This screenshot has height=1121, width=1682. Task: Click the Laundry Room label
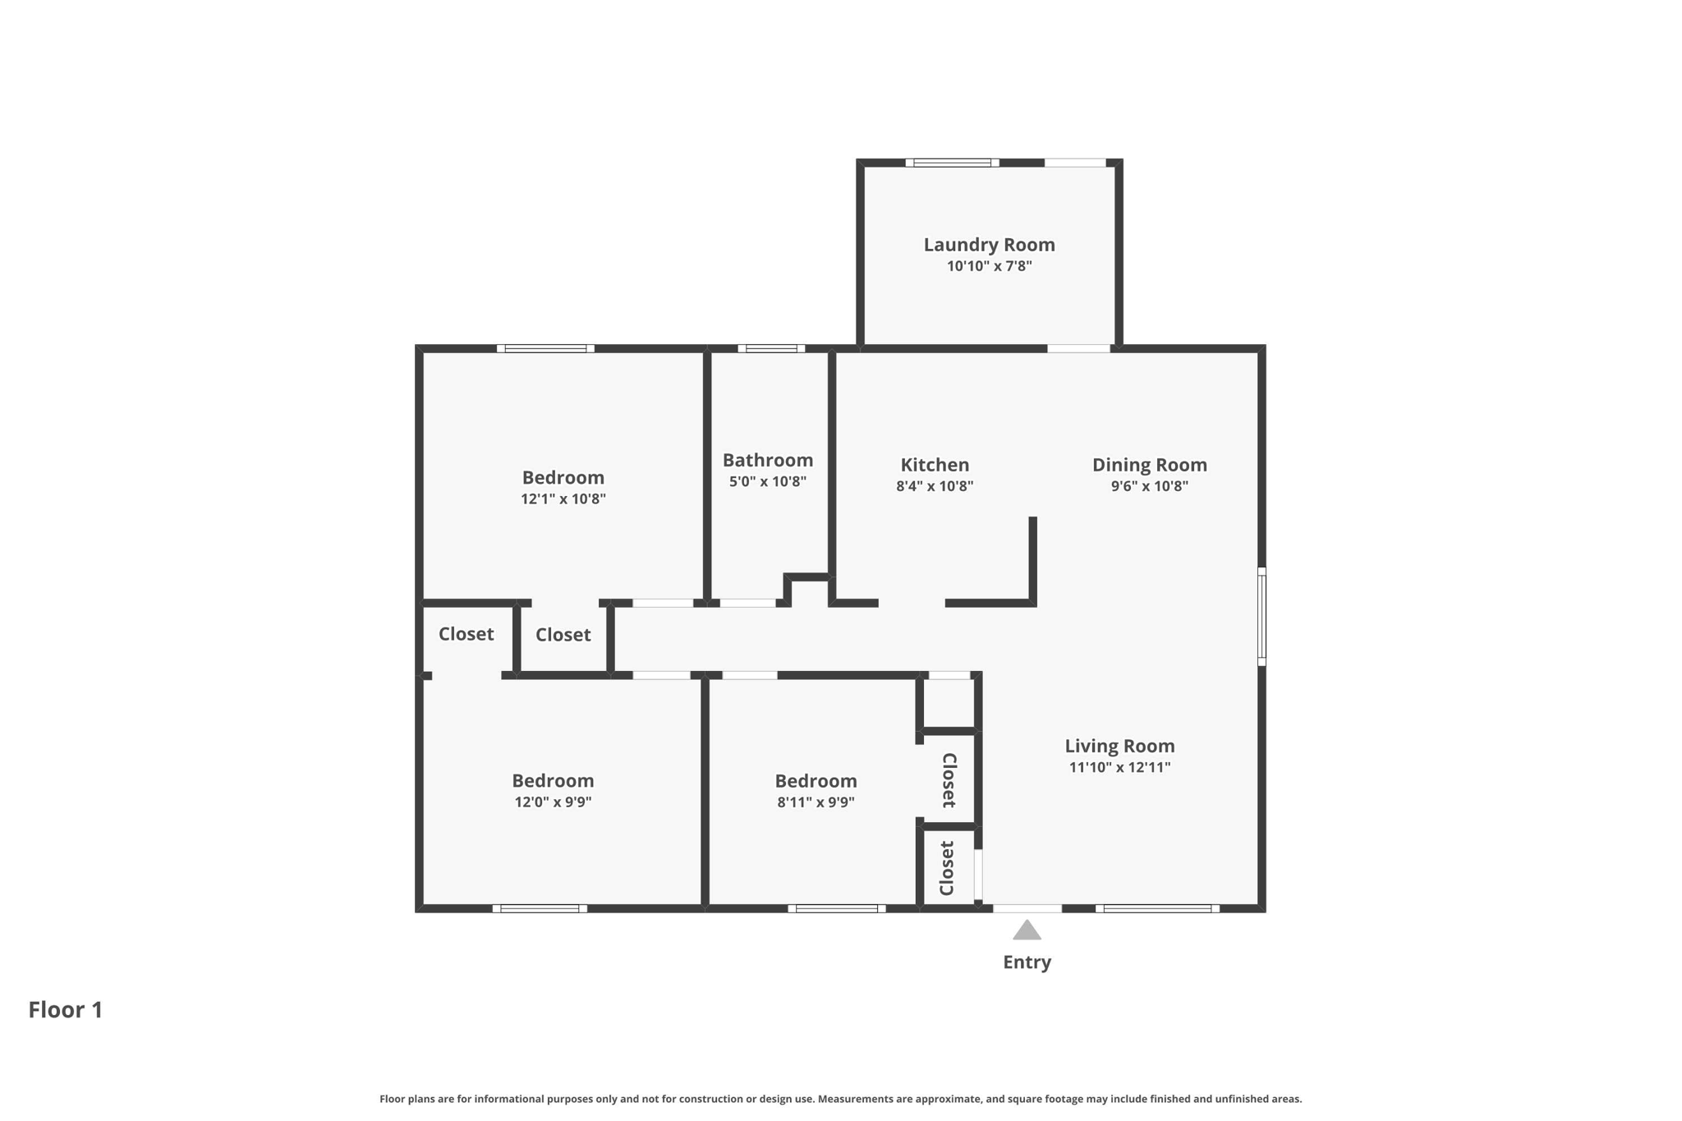[989, 245]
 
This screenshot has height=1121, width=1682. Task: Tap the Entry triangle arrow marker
[1027, 930]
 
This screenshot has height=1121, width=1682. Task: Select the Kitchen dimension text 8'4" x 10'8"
[935, 486]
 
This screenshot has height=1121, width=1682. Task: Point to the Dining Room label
[1149, 465]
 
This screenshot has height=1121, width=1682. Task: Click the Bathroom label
[768, 460]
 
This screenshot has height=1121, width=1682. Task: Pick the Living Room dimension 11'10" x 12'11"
[1119, 767]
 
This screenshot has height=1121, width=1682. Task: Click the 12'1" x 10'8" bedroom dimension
[563, 498]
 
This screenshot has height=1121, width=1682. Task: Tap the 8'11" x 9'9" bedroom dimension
[816, 802]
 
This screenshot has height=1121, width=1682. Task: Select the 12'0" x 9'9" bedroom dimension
[553, 802]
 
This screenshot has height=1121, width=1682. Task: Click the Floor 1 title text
[66, 1009]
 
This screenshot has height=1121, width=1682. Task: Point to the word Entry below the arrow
[1027, 962]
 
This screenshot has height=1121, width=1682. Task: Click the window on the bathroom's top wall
[771, 348]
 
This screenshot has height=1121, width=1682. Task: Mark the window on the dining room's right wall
[1261, 616]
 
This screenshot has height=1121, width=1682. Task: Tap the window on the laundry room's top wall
[953, 163]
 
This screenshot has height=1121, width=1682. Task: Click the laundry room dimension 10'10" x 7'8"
[989, 266]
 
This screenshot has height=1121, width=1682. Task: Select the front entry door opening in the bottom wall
[1027, 908]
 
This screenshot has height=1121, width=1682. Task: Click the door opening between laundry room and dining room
[1078, 348]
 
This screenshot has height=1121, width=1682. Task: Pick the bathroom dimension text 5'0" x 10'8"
[768, 481]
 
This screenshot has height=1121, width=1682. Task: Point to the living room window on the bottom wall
[1157, 908]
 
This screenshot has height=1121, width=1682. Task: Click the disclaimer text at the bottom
[841, 1099]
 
